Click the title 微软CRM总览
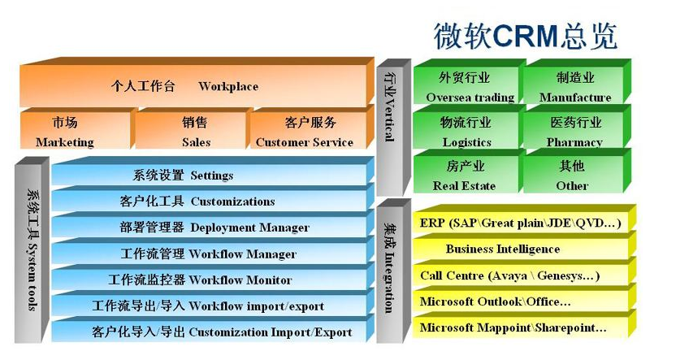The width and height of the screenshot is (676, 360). click(x=526, y=36)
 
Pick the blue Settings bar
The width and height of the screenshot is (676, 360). click(x=212, y=173)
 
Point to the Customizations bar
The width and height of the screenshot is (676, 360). click(x=212, y=199)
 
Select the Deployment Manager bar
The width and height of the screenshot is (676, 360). click(x=212, y=225)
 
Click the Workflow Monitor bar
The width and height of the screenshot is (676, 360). click(x=212, y=278)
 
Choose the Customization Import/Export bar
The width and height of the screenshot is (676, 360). click(x=212, y=330)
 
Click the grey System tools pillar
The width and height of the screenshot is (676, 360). click(x=32, y=250)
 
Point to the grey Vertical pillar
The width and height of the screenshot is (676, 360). click(x=393, y=128)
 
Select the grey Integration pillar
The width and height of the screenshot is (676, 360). click(x=393, y=271)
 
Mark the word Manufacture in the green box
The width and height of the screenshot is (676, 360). click(x=575, y=98)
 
